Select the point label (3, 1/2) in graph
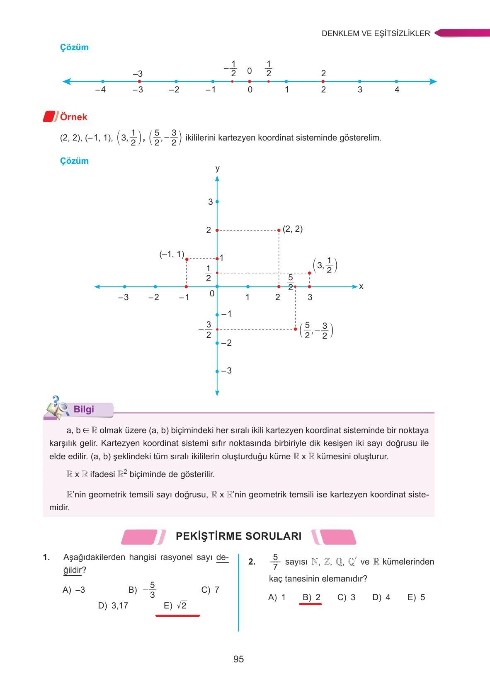pos(325,265)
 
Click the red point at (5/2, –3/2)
pos(296,329)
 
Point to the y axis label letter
pos(217,168)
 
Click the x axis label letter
pos(361,286)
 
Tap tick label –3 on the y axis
pos(226,371)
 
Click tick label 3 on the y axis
pos(210,202)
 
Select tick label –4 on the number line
pos(100,90)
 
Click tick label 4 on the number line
pos(397,90)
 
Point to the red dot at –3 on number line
pos(139,82)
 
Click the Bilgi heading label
pos(84,409)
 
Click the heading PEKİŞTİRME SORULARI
pos(238,536)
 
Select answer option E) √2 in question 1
pos(175,606)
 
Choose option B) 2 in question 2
pos(311,597)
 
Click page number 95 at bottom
pos(238,659)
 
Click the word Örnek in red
pos(74,117)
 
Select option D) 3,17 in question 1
pos(113,606)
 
